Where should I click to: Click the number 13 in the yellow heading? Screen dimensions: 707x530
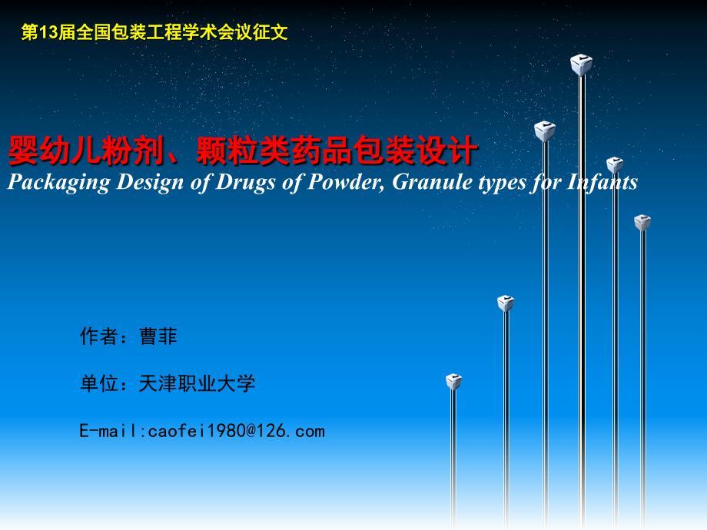[48, 32]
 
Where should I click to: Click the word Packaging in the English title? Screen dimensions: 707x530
[58, 183]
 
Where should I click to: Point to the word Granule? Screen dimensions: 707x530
[432, 182]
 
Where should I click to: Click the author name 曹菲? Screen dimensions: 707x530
[158, 336]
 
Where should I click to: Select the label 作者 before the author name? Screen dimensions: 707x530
[98, 336]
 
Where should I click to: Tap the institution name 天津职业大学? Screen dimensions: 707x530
[197, 383]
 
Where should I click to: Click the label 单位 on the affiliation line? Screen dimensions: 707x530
[98, 383]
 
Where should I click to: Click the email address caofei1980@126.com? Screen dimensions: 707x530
[236, 431]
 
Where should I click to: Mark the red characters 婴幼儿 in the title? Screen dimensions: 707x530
[54, 150]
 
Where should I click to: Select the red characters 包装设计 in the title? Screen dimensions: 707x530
[415, 150]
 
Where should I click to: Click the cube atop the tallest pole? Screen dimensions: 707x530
[581, 65]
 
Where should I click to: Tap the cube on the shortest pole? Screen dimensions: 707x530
[453, 381]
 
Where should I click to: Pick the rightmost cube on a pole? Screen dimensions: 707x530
[642, 223]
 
